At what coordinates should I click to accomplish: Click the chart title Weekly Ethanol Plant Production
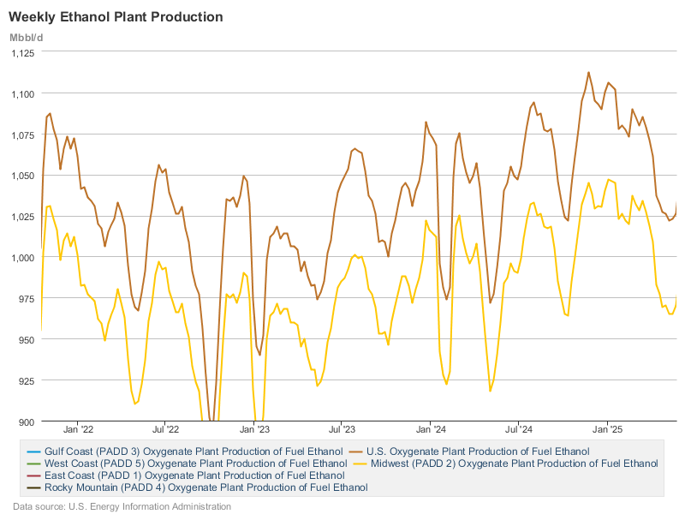(116, 17)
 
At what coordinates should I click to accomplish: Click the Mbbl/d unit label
(27, 37)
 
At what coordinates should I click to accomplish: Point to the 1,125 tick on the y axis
(22, 52)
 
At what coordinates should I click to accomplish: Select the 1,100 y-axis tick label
(22, 93)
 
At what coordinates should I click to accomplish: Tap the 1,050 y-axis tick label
(22, 176)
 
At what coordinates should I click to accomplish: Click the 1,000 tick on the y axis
(22, 258)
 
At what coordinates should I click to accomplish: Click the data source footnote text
(122, 506)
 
